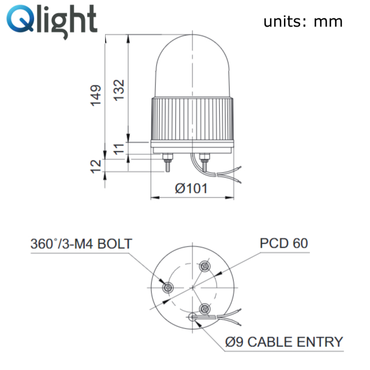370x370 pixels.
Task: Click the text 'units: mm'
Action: tap(303, 22)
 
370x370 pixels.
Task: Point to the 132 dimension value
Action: tap(119, 90)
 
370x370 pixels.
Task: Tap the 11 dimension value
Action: tap(119, 150)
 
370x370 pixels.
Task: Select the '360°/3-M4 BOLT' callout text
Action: tap(81, 243)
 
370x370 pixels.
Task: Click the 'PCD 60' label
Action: tap(283, 243)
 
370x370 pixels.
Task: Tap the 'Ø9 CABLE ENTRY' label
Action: tap(284, 341)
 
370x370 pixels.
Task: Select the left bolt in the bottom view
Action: tap(168, 287)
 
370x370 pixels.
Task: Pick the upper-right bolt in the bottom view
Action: tap(204, 267)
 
